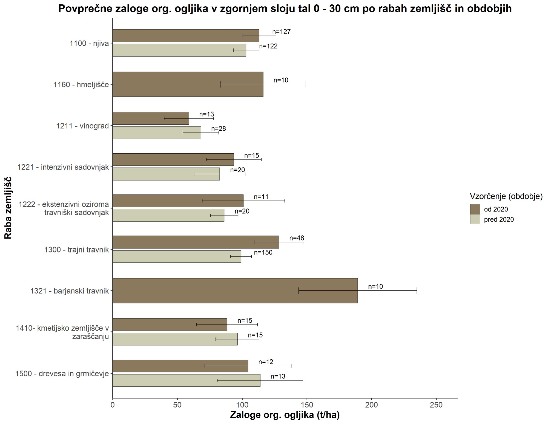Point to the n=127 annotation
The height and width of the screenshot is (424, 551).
[x=281, y=32]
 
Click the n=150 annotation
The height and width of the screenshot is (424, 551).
[x=263, y=253]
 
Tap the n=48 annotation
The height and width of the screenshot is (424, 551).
[x=297, y=238]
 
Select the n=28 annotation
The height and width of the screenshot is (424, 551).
[x=218, y=129]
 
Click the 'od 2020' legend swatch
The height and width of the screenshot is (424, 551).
[x=475, y=209]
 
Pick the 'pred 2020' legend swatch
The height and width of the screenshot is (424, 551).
[x=475, y=219]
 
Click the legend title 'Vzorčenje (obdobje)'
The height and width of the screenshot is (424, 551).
[x=506, y=196]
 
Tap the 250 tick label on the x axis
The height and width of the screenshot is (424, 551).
[x=436, y=405]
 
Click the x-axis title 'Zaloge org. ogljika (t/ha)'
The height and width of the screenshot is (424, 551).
[x=285, y=415]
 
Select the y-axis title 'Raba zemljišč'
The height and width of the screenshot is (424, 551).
[x=8, y=208]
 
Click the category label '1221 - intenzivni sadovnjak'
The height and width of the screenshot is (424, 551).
[x=63, y=167]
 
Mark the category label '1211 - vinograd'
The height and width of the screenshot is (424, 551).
[x=83, y=126]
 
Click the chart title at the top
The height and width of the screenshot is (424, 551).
[x=285, y=9]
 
